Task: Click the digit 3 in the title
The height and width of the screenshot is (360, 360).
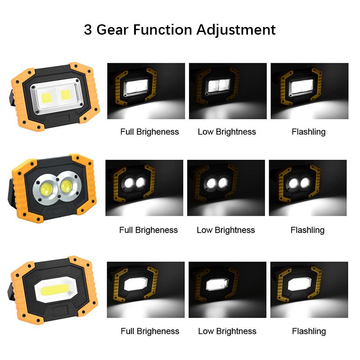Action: pos(89,30)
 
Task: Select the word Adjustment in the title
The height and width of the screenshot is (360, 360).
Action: pos(236,31)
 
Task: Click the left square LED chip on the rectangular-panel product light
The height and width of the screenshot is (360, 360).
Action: pos(47,96)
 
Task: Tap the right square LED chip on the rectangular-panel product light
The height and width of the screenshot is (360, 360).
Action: pos(66,94)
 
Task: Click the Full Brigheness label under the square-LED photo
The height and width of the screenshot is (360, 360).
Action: pos(149,132)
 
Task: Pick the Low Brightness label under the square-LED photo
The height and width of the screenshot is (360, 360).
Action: pos(227,132)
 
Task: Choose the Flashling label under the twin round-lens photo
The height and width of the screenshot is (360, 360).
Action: pos(307,230)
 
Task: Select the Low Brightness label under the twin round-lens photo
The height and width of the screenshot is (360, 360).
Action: pos(226,230)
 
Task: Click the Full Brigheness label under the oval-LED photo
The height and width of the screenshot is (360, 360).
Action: pos(150,331)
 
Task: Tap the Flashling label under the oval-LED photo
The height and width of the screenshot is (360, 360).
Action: pos(309,331)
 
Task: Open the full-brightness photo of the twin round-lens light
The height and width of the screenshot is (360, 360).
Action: pos(144,188)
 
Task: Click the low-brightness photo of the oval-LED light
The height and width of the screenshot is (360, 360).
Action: pos(227,289)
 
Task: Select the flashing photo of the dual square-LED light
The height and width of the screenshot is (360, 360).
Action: pos(309,91)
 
